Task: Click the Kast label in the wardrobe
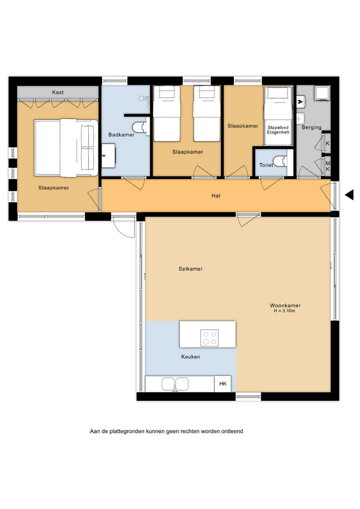(x=58, y=92)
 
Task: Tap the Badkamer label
(x=121, y=135)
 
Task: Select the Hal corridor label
(x=216, y=196)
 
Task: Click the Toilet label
(x=266, y=165)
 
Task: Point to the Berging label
(x=311, y=128)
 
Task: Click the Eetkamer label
(x=190, y=269)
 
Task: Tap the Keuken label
(x=190, y=357)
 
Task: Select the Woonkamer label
(x=285, y=305)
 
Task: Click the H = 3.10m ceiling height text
(x=284, y=311)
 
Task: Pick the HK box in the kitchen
(x=223, y=384)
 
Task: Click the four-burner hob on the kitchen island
(x=209, y=338)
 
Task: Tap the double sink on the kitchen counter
(x=175, y=384)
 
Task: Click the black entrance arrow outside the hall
(x=349, y=195)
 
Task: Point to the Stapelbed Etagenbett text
(x=278, y=130)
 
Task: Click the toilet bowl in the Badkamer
(x=140, y=127)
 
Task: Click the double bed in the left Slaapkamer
(x=66, y=148)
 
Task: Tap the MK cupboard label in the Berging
(x=328, y=166)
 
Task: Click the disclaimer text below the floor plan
(x=166, y=432)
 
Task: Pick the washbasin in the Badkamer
(x=108, y=156)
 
